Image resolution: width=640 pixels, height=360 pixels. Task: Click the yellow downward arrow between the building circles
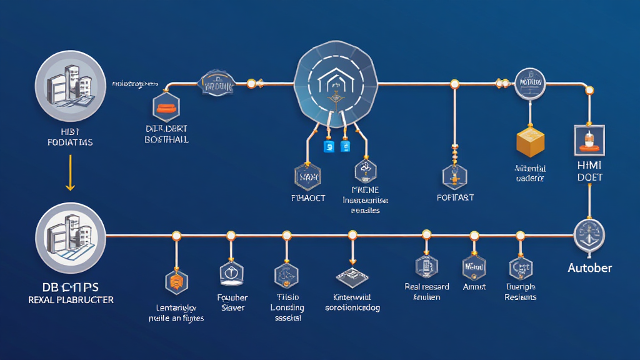coord(70,173)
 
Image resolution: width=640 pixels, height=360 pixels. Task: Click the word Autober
coord(589,268)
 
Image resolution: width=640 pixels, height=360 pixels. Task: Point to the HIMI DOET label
coord(589,171)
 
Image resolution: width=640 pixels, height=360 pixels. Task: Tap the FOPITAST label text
coord(455,197)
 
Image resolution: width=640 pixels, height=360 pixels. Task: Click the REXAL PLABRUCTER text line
coord(71,300)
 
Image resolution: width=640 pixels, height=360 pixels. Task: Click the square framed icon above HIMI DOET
coord(589,138)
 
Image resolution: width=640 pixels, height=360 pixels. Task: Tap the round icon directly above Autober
coord(589,236)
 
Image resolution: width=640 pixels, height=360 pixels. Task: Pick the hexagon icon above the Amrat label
coord(473,267)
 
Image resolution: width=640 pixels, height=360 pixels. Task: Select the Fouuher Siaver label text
coord(232,302)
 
